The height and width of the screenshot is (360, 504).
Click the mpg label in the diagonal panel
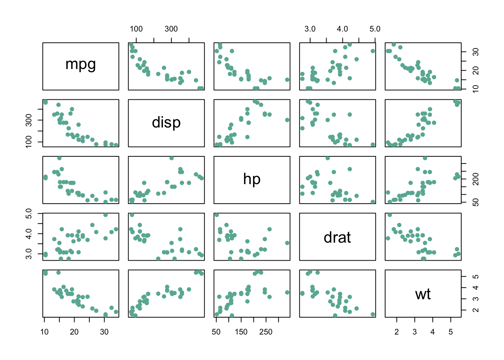pyautogui.click(x=81, y=64)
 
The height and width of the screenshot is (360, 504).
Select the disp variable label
pyautogui.click(x=166, y=123)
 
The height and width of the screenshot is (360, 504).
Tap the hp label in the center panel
pyautogui.click(x=252, y=179)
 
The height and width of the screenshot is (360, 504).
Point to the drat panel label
pyautogui.click(x=337, y=237)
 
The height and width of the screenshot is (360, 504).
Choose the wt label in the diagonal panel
pyautogui.click(x=423, y=294)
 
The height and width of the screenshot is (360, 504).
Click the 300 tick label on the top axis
pyautogui.click(x=171, y=29)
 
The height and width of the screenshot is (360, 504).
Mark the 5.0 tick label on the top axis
pyautogui.click(x=375, y=29)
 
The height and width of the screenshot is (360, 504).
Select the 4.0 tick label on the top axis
pyautogui.click(x=342, y=29)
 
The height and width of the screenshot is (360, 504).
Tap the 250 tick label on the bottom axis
pyautogui.click(x=266, y=332)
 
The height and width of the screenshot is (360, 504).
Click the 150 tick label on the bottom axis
pyautogui.click(x=241, y=332)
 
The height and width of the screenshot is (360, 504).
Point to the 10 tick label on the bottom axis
pyautogui.click(x=44, y=332)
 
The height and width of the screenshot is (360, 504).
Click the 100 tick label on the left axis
pyautogui.click(x=29, y=142)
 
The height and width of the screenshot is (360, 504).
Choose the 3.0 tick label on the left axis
pyautogui.click(x=29, y=254)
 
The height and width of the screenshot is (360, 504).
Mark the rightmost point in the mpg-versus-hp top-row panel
pyautogui.click(x=287, y=79)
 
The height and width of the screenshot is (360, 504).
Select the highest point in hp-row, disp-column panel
pyautogui.click(x=171, y=158)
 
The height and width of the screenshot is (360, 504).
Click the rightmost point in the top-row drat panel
pyautogui.click(x=373, y=51)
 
